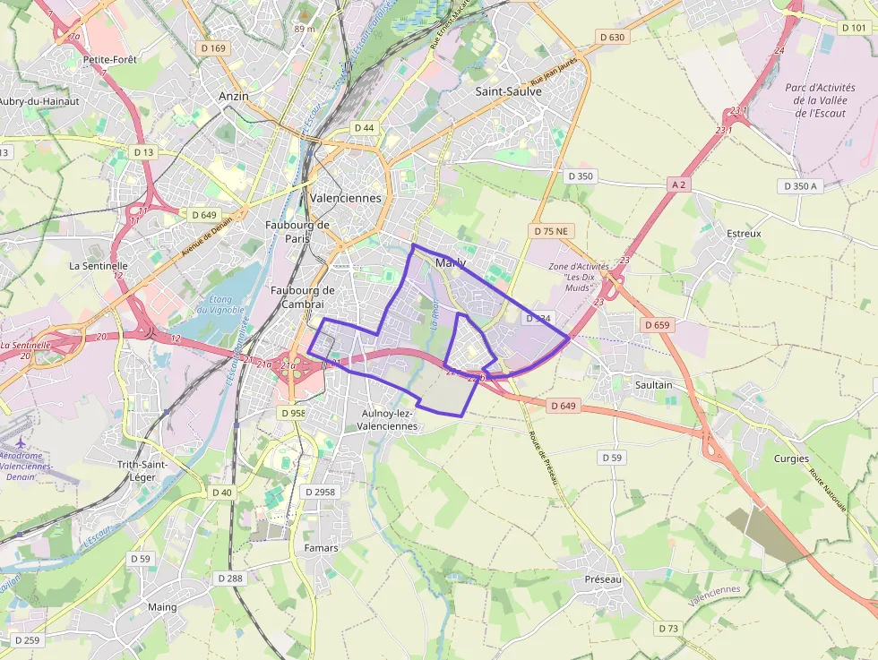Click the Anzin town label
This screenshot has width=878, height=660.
[234, 96]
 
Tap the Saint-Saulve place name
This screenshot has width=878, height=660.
[508, 91]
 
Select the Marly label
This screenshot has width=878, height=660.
[450, 262]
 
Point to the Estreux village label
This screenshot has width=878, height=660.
[744, 234]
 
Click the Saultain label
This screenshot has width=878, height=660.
[653, 385]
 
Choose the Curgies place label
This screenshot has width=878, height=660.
[791, 459]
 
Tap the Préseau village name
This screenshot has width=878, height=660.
[603, 579]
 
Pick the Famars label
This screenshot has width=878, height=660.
[321, 548]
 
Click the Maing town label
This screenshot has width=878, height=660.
[162, 607]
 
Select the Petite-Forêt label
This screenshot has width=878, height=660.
[109, 60]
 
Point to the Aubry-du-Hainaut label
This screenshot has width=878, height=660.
[39, 101]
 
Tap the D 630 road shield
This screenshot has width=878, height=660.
[611, 37]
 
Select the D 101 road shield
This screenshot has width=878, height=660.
[854, 28]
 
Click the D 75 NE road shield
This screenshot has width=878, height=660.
[551, 231]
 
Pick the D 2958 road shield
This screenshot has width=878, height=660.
[320, 492]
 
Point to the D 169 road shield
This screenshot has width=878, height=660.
[211, 48]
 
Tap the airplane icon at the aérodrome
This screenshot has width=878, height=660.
[22, 443]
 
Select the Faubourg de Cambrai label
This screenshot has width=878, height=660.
[302, 296]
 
